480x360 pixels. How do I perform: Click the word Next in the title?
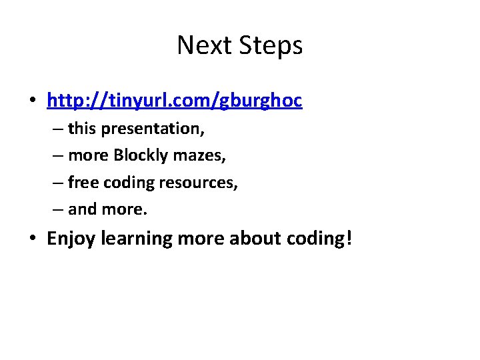198,46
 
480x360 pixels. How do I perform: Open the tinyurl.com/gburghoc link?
174,100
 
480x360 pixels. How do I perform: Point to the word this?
83,128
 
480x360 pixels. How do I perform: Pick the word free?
83,182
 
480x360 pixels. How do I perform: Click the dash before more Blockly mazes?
57,156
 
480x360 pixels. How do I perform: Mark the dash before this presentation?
57,129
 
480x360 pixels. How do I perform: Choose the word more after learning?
201,239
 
